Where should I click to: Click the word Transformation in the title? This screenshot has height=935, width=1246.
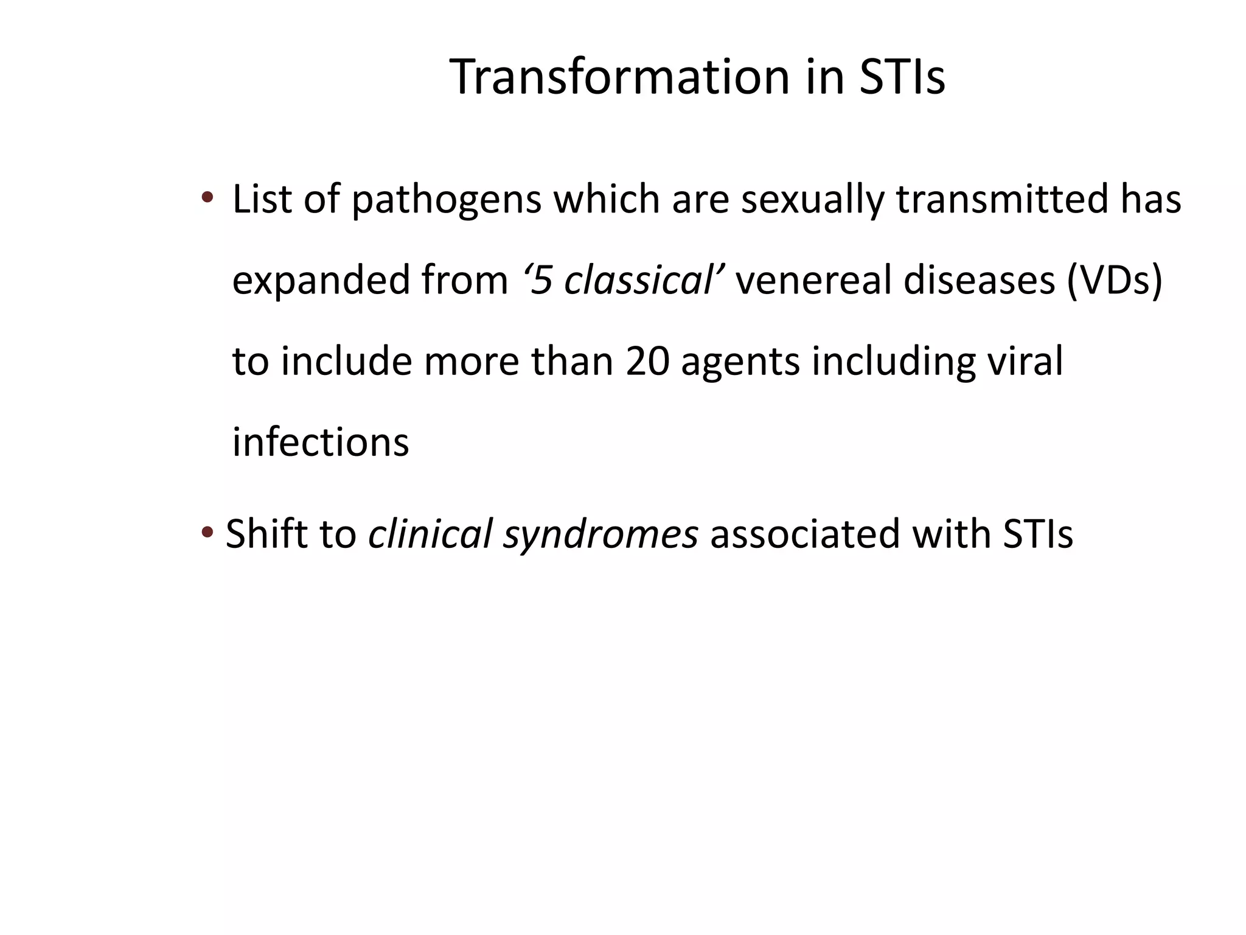point(619,77)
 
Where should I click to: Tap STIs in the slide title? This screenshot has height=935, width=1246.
point(902,77)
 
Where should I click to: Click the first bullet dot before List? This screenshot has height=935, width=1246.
point(207,197)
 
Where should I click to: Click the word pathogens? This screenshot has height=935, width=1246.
point(446,201)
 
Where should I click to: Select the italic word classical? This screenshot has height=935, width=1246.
point(638,280)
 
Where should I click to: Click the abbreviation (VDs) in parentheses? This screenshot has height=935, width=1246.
point(1114,280)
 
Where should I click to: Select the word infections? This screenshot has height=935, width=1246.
point(321,442)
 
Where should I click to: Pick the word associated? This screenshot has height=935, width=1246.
point(805,534)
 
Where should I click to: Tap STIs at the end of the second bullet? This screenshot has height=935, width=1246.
point(1038,534)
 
